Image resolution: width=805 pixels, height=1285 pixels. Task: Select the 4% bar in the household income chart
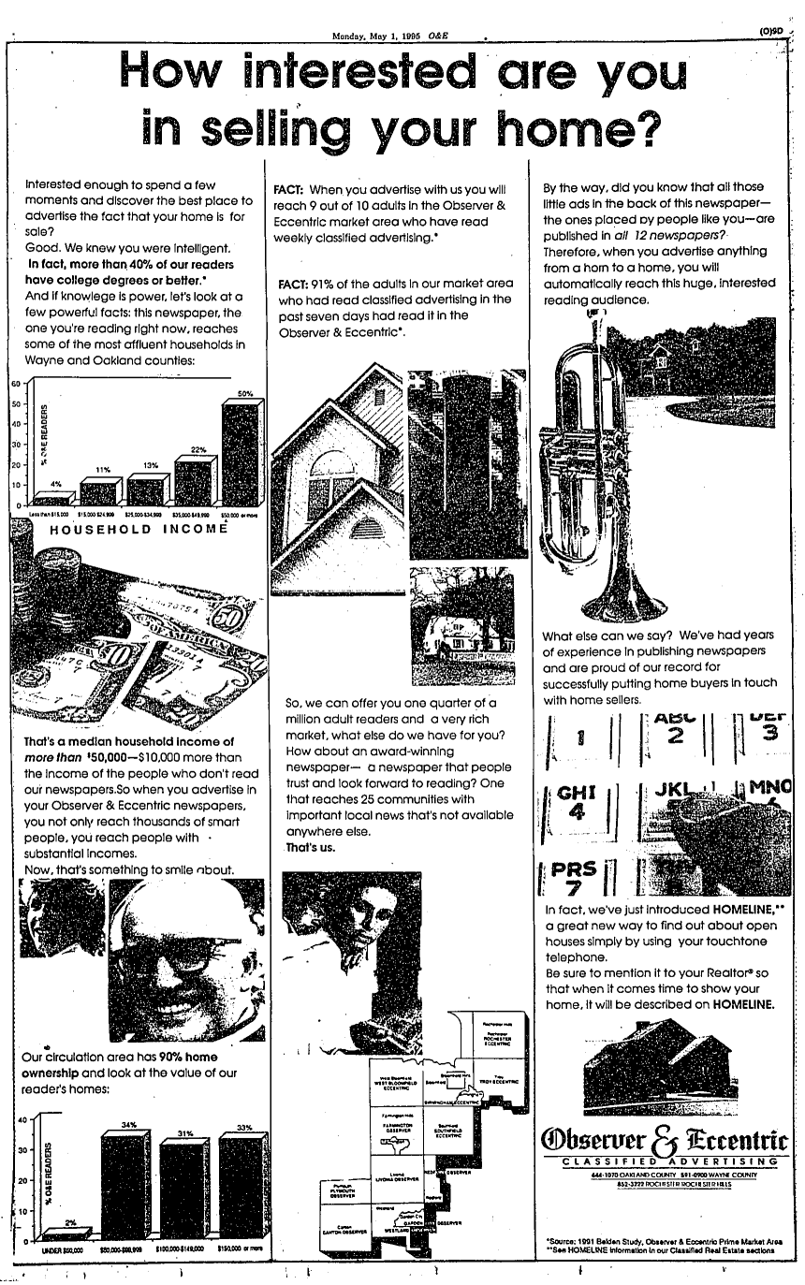[52, 499]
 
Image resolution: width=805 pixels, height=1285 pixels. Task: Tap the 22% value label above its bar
[198, 450]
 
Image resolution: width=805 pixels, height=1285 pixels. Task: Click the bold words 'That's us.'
[311, 848]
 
